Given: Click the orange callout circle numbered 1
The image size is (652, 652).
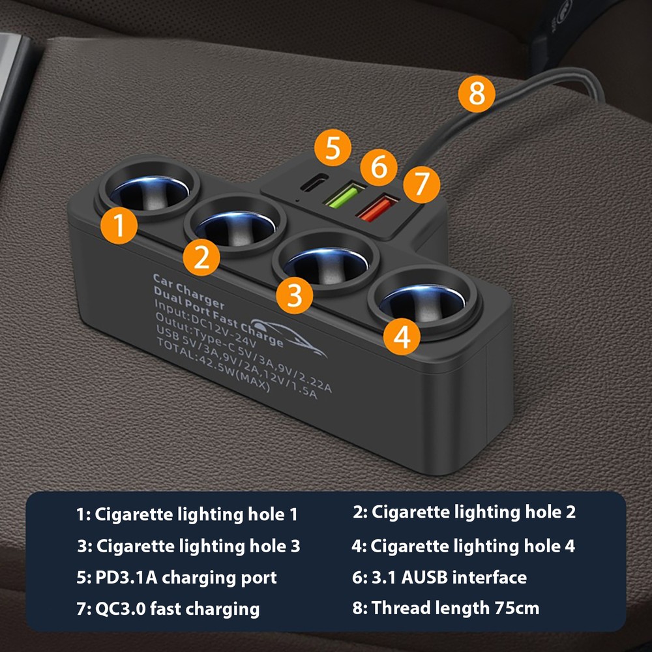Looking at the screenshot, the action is [119, 226].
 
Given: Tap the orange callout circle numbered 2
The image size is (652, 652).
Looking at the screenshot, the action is [201, 258].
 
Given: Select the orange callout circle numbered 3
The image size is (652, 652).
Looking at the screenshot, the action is [295, 295].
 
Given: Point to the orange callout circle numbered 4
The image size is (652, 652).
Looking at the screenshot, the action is [402, 336].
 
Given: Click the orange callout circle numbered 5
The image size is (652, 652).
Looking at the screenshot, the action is [333, 147].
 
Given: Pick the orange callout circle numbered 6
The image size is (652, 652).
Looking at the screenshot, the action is [379, 167].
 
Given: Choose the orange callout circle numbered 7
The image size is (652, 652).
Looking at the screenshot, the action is [421, 185].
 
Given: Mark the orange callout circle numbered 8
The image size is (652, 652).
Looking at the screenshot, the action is [477, 93].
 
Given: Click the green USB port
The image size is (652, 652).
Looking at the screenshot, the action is [345, 194].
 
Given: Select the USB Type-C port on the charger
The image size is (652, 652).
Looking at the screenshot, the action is [314, 182].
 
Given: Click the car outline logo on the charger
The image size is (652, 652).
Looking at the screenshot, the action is [287, 337].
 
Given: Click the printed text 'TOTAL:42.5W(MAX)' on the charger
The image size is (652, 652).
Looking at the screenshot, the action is [213, 364].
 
